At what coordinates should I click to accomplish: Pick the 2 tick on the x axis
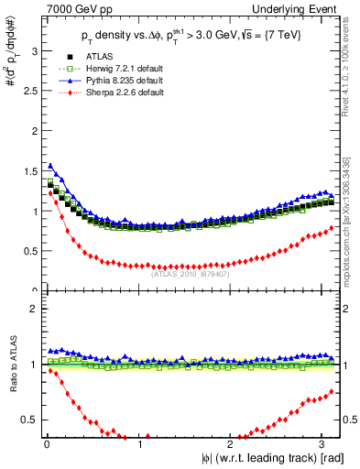[233, 445]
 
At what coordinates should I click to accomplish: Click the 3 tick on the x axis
[325, 445]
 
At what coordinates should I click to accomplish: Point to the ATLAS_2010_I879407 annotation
[190, 272]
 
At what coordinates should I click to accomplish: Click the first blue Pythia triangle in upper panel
[49, 166]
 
